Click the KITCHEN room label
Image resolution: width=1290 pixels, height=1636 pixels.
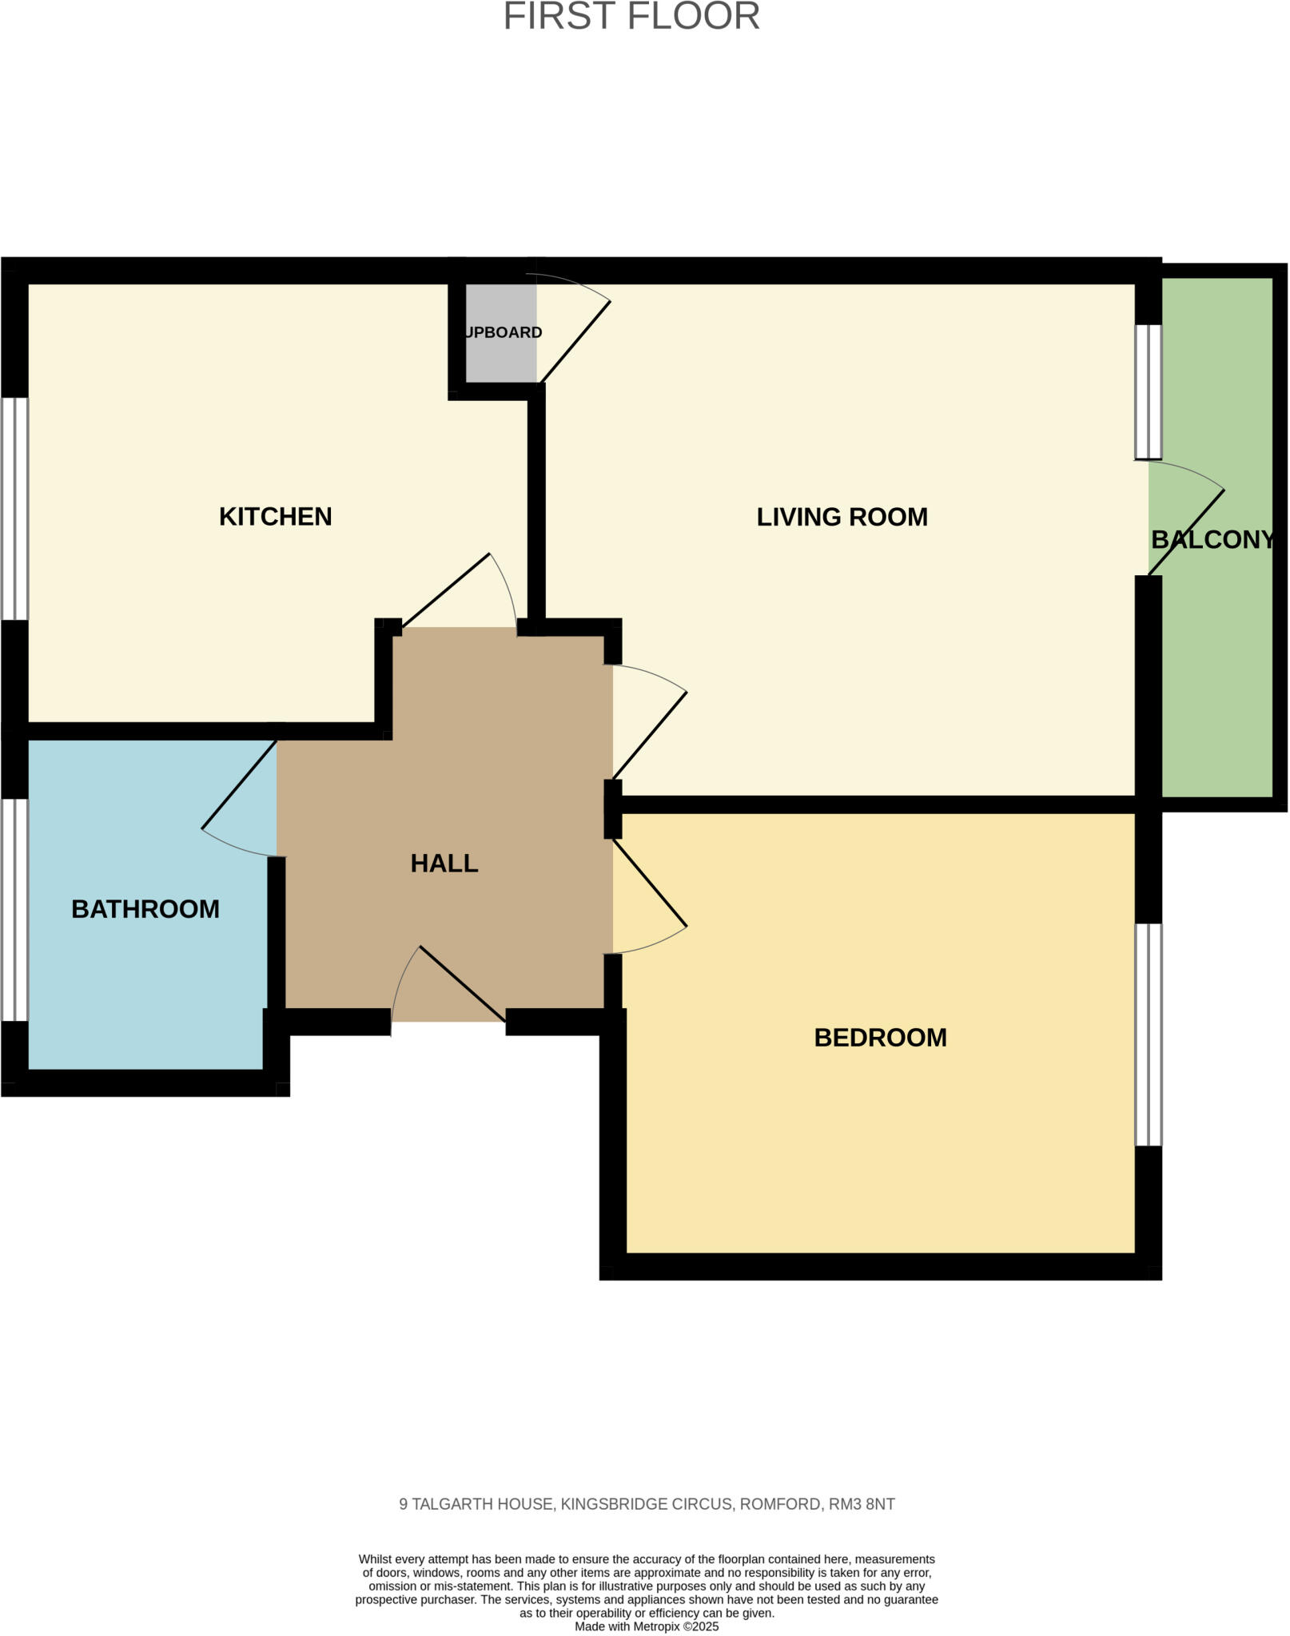pos(275,517)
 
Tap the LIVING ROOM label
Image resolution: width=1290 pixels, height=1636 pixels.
pos(842,517)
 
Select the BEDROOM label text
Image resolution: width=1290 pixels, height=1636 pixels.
pos(880,1038)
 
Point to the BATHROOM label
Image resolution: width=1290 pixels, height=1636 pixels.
pos(145,909)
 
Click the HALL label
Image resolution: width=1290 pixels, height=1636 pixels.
pos(444,864)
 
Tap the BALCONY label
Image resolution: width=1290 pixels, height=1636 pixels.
pos(1212,540)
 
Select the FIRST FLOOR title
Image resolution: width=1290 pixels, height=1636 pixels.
pos(631,18)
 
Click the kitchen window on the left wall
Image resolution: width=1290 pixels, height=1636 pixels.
pos(14,509)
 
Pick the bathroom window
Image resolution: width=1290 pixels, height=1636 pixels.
pos(14,910)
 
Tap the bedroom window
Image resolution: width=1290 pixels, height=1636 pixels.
pos(1149,1034)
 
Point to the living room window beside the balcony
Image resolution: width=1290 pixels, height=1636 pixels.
pos(1149,391)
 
